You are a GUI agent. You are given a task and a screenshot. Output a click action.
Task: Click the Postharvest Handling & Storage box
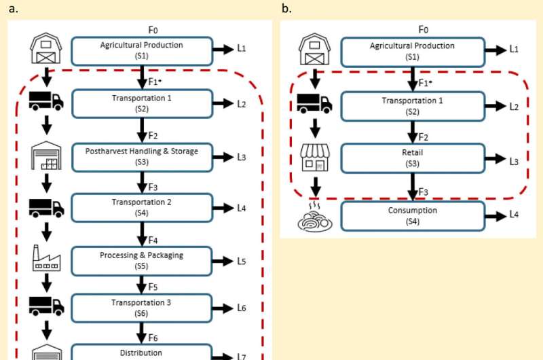[x=141, y=156]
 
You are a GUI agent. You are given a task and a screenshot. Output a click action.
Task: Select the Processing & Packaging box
[x=141, y=260]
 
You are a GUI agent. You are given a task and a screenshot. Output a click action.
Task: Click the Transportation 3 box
[x=141, y=308]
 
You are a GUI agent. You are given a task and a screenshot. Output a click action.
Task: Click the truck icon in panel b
[x=315, y=104]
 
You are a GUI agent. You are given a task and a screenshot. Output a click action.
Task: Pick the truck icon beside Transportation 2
[x=47, y=207]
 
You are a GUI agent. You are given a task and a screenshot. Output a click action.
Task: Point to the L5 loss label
[x=241, y=262]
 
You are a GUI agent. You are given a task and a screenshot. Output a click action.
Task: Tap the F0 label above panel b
[x=424, y=29]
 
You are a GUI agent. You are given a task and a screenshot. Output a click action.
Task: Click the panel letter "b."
[x=286, y=9]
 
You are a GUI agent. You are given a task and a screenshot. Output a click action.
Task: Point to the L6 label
[x=241, y=308]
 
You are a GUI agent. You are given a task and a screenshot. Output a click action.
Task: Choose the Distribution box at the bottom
[x=141, y=352]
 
